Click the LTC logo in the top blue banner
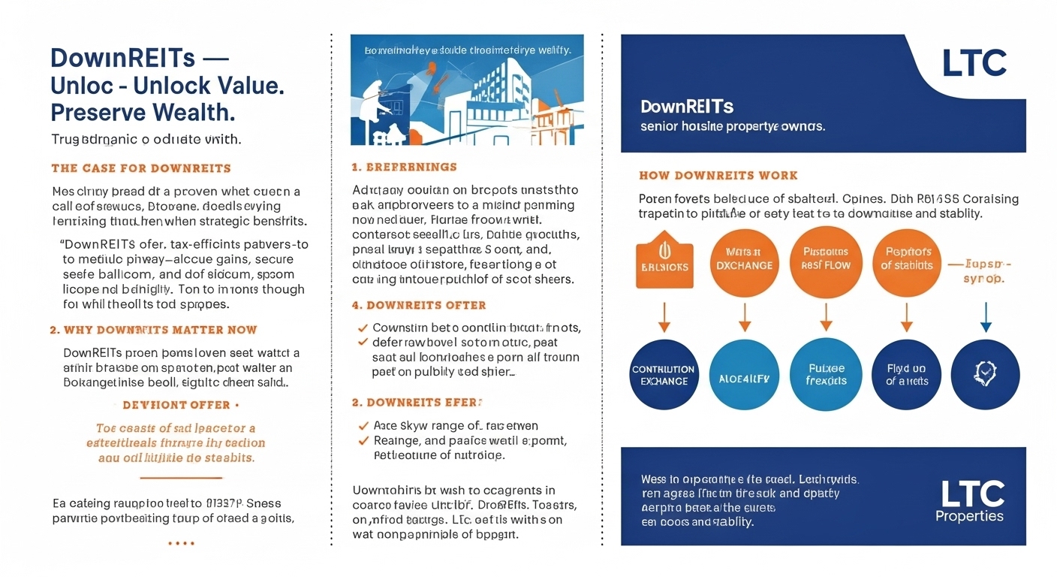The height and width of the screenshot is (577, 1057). (x=974, y=64)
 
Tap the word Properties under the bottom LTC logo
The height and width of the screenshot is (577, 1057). (x=969, y=516)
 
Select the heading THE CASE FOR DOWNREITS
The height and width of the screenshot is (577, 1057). (x=141, y=168)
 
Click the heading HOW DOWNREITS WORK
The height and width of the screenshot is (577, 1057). (x=718, y=175)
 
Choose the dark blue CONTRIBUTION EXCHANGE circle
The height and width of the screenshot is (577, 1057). (x=664, y=376)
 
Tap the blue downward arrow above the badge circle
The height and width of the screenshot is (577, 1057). (x=986, y=316)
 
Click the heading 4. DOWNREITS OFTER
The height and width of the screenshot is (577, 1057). (x=419, y=305)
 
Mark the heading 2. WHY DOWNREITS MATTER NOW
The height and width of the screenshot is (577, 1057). (x=153, y=330)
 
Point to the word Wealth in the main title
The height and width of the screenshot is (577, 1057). (x=194, y=113)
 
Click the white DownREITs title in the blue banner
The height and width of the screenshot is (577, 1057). (x=687, y=107)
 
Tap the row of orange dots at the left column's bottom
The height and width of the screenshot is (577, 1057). (x=181, y=542)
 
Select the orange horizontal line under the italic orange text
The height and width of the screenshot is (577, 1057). (x=181, y=478)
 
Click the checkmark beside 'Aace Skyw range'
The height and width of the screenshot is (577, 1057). (x=363, y=426)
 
